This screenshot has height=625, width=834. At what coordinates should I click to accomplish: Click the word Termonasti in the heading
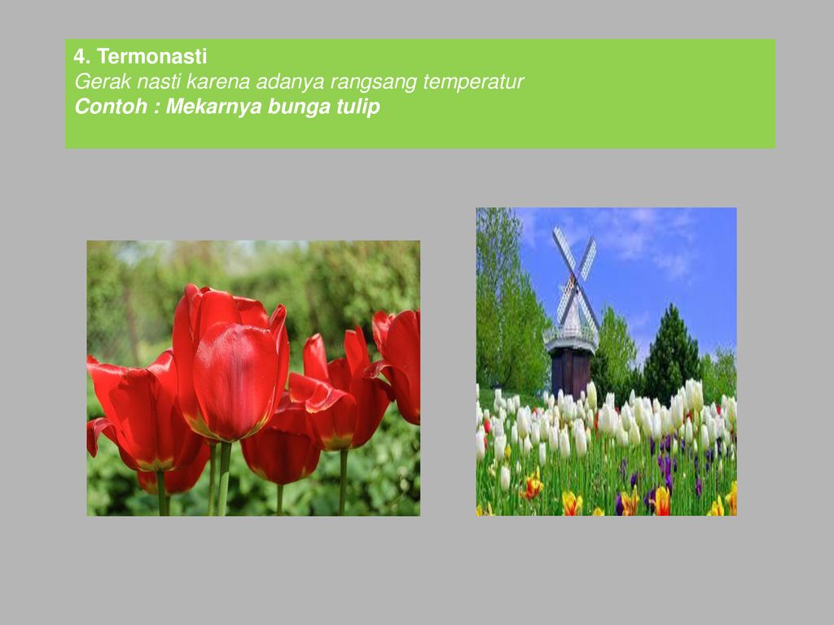tap(151, 56)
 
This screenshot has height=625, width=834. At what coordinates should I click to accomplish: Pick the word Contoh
tap(111, 107)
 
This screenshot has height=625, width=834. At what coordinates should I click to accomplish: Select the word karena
tap(217, 81)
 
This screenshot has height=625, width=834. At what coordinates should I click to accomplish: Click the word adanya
tap(290, 82)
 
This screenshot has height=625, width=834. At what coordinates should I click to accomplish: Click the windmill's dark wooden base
tap(571, 372)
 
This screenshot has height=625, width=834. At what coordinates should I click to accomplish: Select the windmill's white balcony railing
tap(571, 334)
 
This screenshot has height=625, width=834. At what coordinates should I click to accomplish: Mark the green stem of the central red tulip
tap(225, 479)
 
